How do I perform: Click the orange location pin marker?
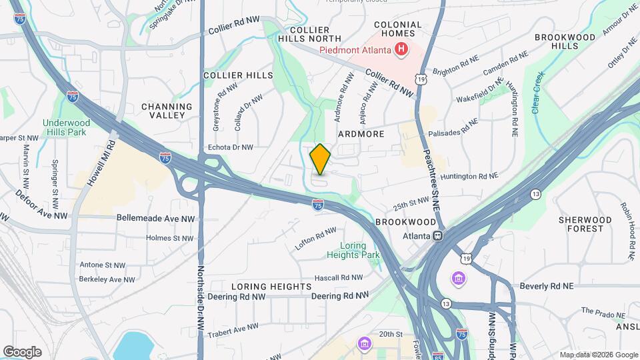tap(320, 159)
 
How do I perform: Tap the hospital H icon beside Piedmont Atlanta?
tap(401, 49)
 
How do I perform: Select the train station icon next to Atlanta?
tap(438, 235)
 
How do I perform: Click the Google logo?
tap(22, 351)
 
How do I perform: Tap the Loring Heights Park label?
tap(353, 250)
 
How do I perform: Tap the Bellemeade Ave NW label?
tap(155, 218)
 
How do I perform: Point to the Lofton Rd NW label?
tap(316, 239)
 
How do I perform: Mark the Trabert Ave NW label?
tap(233, 330)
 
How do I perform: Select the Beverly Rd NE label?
tap(547, 286)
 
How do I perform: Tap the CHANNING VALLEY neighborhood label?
tap(167, 111)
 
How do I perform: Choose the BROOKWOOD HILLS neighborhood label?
tap(574, 41)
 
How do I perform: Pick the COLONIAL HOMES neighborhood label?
tap(398, 29)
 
